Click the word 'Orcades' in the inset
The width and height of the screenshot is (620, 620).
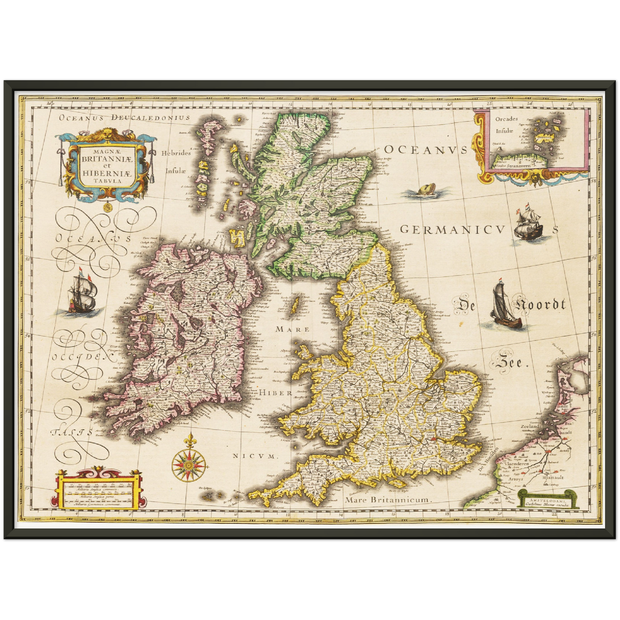click(x=506, y=119)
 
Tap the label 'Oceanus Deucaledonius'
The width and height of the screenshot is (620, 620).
click(x=124, y=117)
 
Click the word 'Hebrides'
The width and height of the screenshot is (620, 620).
click(x=176, y=153)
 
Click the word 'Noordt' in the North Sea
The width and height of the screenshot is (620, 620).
click(x=540, y=305)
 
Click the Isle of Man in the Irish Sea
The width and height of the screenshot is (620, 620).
click(x=295, y=306)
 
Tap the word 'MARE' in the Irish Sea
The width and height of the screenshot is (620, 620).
click(x=292, y=330)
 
